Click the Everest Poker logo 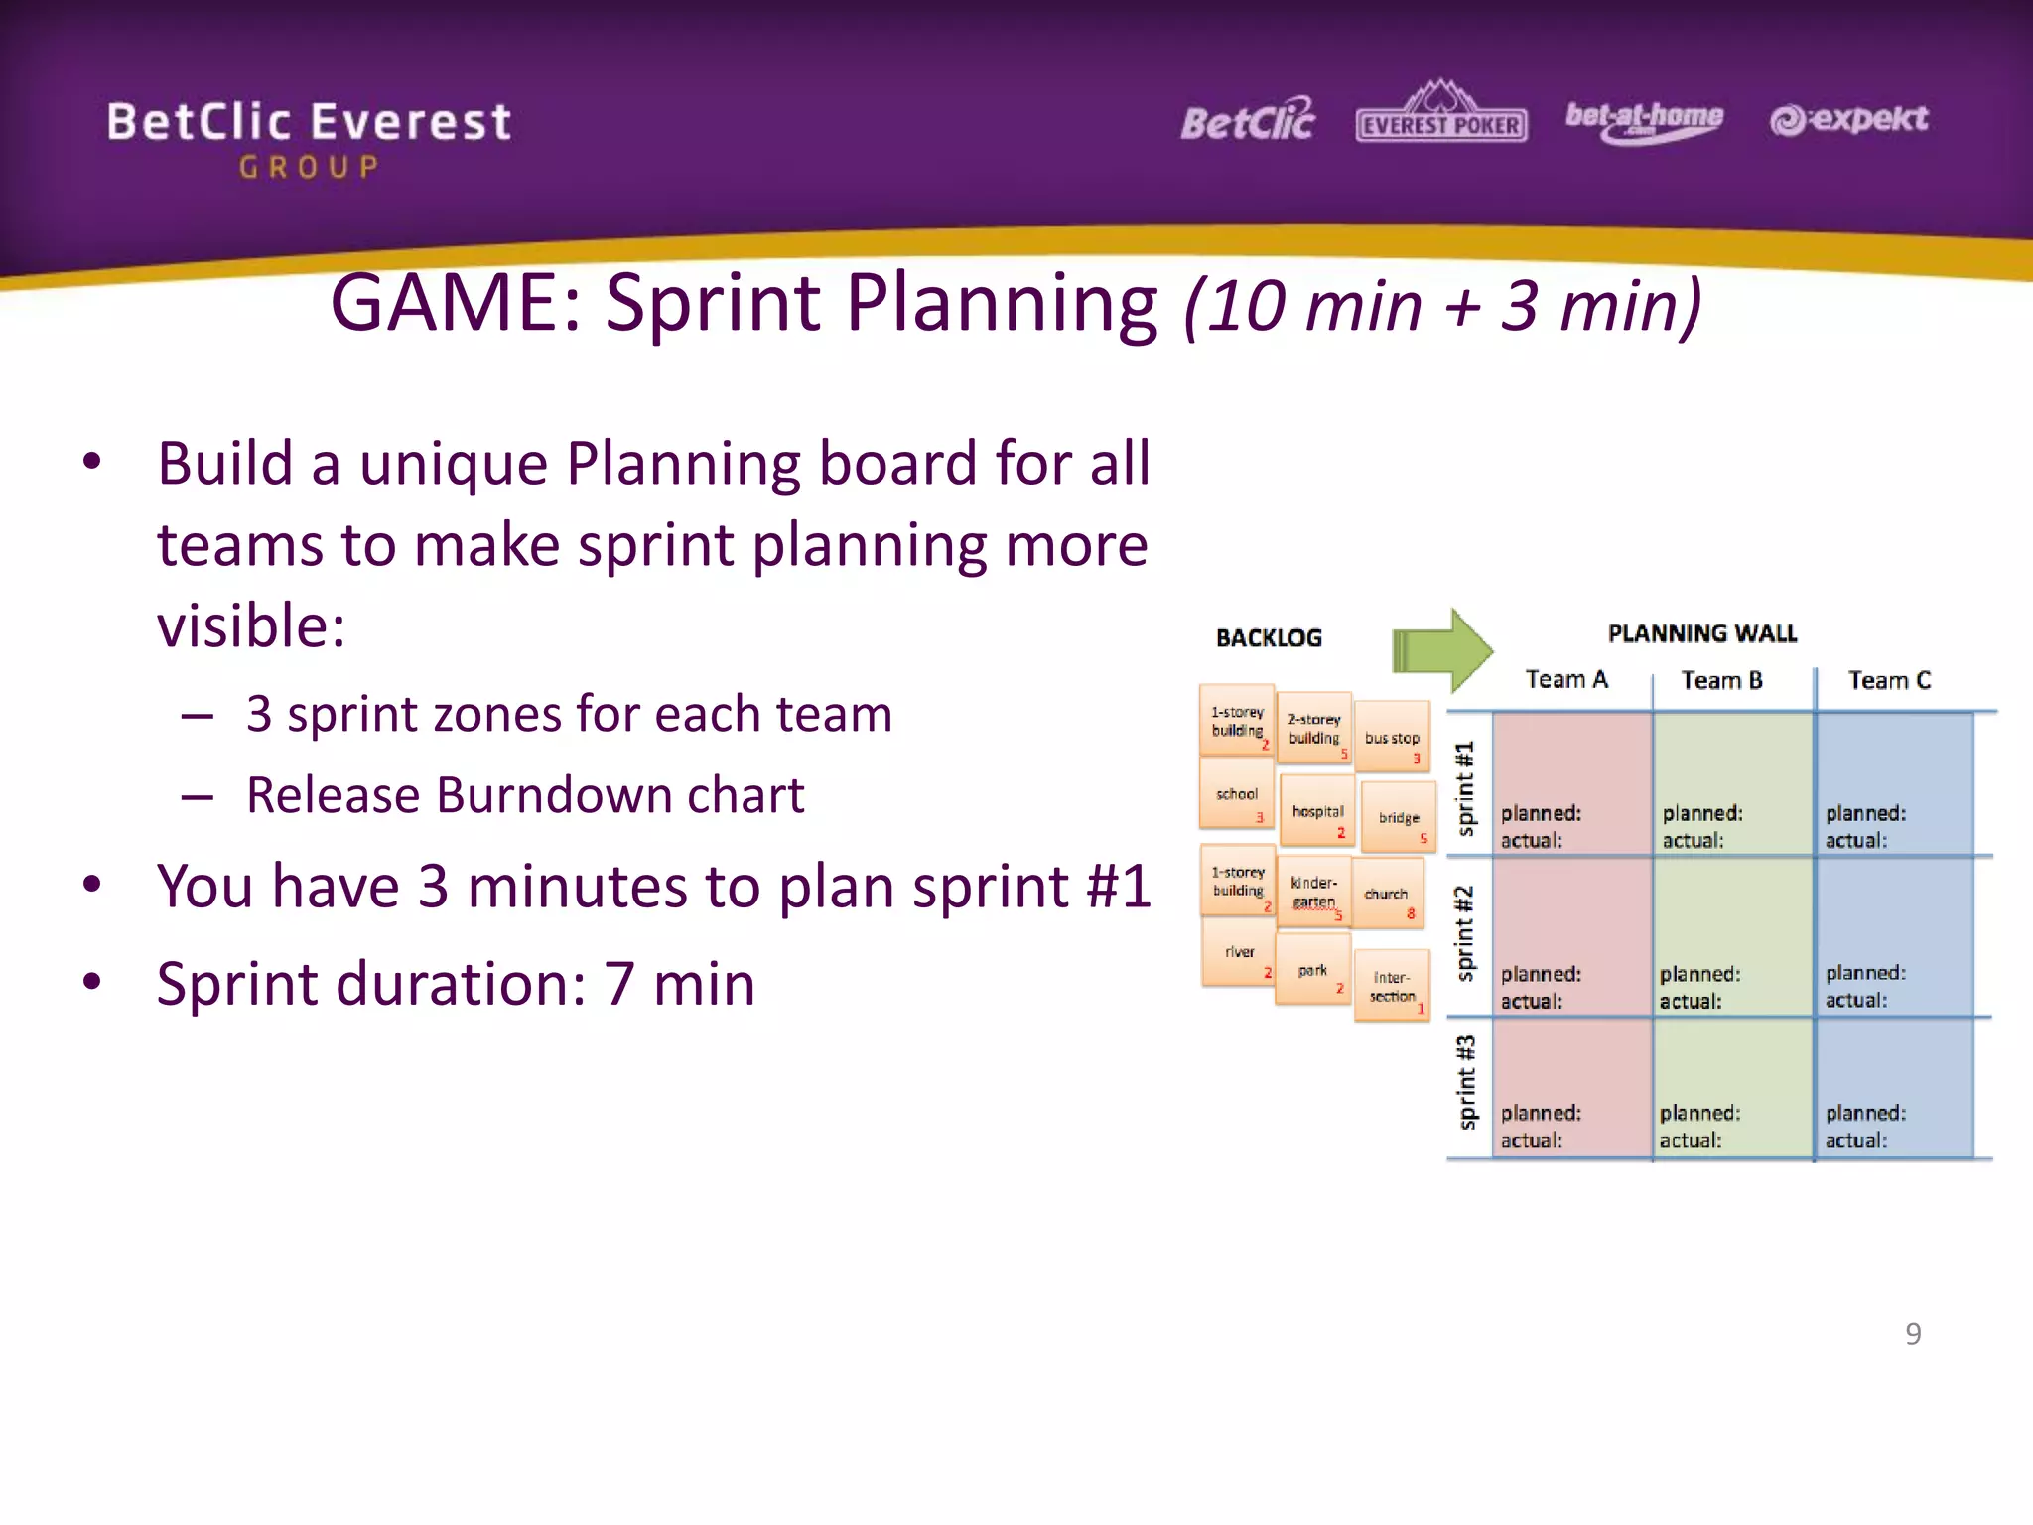[1441, 114]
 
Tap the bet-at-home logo [1644, 121]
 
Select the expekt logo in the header [1848, 119]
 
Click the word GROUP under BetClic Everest [309, 167]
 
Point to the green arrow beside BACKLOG [1441, 651]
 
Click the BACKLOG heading [1269, 637]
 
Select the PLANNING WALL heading [1701, 633]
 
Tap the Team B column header [1721, 680]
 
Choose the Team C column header [1888, 680]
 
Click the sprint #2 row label [1464, 933]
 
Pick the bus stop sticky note [1392, 737]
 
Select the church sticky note [1387, 894]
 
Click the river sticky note [1239, 952]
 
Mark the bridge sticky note [1399, 817]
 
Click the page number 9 [1913, 1333]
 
